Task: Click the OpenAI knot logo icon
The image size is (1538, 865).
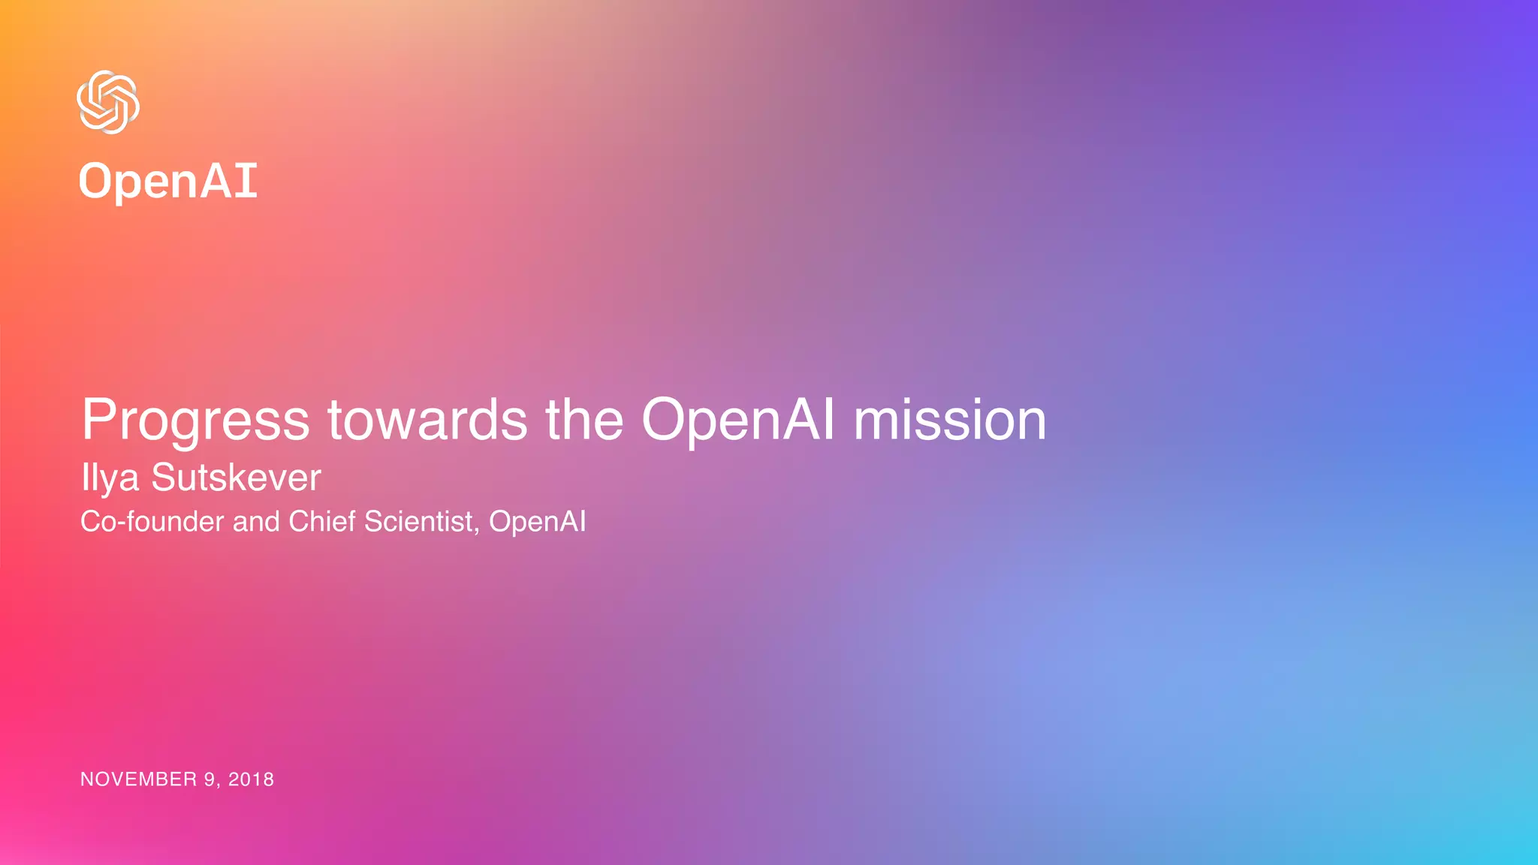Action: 108,102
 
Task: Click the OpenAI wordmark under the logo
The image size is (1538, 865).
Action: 168,182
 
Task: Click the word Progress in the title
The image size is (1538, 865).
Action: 195,420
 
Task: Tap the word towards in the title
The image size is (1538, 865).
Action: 427,420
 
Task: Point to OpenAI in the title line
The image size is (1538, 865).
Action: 737,420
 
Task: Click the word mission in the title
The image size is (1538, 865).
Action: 950,420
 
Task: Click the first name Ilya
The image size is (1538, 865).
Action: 110,478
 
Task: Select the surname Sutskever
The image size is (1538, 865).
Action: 236,478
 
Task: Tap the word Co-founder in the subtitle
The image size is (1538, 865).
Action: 152,522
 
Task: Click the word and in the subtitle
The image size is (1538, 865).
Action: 256,522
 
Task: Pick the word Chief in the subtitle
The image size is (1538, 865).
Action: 322,522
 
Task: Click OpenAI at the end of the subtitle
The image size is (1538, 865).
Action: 538,522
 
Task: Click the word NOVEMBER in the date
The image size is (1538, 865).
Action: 138,779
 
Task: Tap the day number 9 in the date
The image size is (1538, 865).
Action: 210,779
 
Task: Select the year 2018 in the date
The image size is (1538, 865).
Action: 251,779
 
